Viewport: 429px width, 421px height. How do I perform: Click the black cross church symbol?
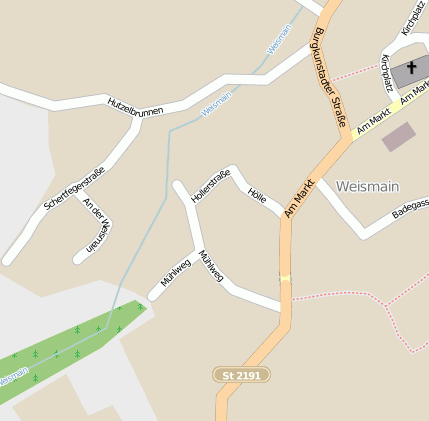point(412,68)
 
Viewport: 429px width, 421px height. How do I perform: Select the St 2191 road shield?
point(241,374)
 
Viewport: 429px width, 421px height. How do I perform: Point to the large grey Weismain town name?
point(368,186)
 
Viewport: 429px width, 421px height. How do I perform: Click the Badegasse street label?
point(411,207)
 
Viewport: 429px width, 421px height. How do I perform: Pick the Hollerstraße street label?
point(210,186)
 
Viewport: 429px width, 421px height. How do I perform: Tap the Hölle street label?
point(256,194)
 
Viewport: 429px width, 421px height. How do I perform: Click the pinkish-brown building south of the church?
point(398,136)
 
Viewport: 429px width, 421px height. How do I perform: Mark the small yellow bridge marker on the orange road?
point(286,278)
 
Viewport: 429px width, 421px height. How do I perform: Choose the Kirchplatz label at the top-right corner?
point(414,17)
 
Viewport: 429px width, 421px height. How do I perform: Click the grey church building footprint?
point(410,72)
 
